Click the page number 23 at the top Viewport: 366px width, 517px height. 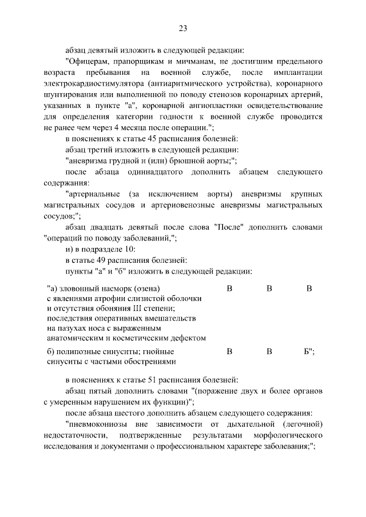pos(182,28)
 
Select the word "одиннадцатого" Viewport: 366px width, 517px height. pos(174,172)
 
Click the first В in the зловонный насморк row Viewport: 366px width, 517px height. pos(229,288)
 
